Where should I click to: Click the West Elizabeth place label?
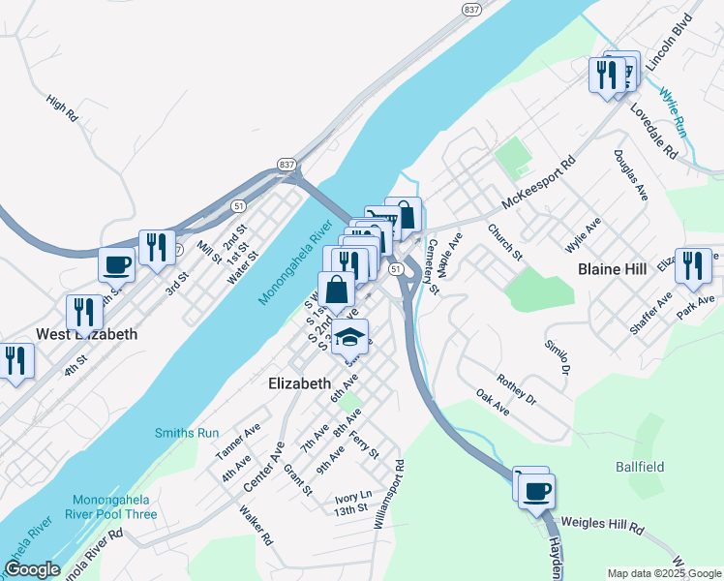(x=86, y=334)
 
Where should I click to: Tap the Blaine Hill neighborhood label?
(x=617, y=268)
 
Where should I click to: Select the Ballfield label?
(x=640, y=467)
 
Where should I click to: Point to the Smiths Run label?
(x=187, y=433)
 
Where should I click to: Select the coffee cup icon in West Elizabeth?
(x=117, y=263)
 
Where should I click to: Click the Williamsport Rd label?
(x=388, y=495)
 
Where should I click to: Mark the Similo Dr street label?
(x=556, y=357)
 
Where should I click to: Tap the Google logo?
(x=32, y=569)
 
